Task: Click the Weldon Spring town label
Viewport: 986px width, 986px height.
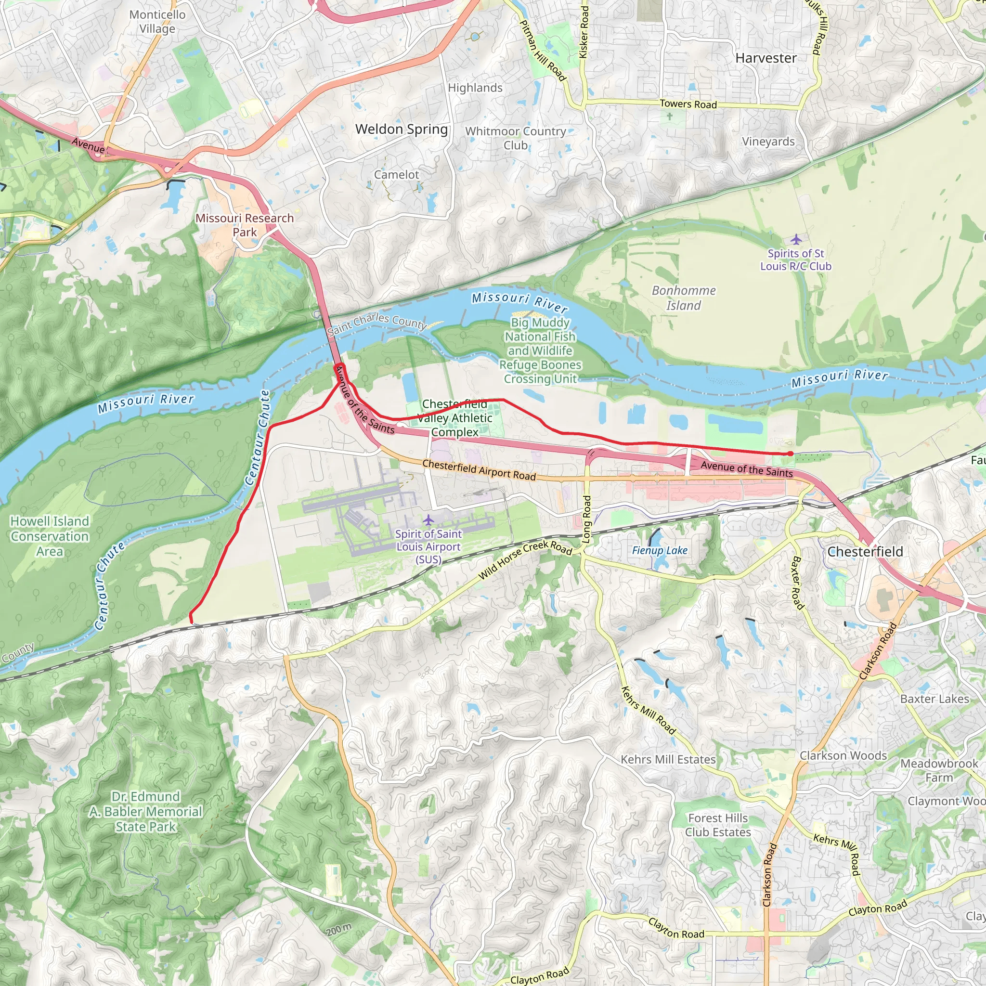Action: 401,129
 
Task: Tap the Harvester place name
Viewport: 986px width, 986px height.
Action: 765,59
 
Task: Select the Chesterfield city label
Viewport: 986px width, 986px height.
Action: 865,552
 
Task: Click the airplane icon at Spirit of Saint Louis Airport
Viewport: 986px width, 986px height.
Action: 428,520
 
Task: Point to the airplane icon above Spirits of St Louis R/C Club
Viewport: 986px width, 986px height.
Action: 796,239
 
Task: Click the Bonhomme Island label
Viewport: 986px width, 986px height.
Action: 683,298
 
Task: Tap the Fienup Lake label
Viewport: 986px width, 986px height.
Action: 660,551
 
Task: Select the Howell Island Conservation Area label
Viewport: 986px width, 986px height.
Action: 50,536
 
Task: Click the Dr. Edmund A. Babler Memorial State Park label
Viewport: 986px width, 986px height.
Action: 145,811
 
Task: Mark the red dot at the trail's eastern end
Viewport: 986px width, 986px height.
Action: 790,454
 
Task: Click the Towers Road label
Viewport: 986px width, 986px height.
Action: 688,104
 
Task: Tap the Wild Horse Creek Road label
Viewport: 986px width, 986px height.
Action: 525,560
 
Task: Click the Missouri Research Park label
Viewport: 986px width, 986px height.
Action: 245,225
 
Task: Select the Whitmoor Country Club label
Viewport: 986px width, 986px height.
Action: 516,138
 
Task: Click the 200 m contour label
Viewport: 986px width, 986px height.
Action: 339,929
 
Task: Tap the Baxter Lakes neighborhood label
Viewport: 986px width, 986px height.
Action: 934,699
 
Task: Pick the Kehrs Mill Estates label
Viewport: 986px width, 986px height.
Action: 668,760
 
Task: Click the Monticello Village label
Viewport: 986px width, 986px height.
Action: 157,22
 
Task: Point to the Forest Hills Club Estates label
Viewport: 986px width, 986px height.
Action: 717,825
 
